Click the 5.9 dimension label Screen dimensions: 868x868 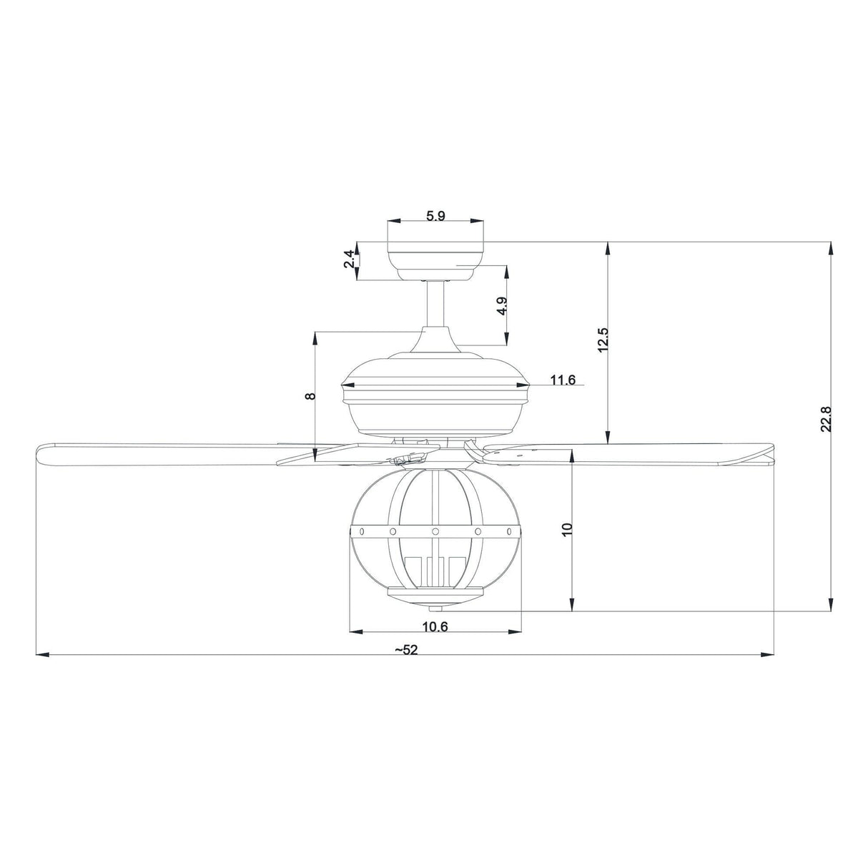tap(435, 217)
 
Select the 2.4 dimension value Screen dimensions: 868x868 tap(349, 259)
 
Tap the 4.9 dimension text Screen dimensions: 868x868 tap(503, 306)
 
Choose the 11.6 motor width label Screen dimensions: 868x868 tap(563, 380)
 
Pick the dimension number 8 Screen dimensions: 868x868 tap(310, 395)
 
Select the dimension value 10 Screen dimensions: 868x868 tap(567, 530)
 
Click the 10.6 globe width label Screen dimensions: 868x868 tap(435, 627)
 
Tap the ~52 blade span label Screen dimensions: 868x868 tap(405, 650)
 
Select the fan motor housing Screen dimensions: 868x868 tap(435, 400)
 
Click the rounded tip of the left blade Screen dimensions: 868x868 tap(41, 455)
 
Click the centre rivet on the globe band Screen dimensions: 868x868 tap(435, 531)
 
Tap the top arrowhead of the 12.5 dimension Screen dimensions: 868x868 tap(608, 247)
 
